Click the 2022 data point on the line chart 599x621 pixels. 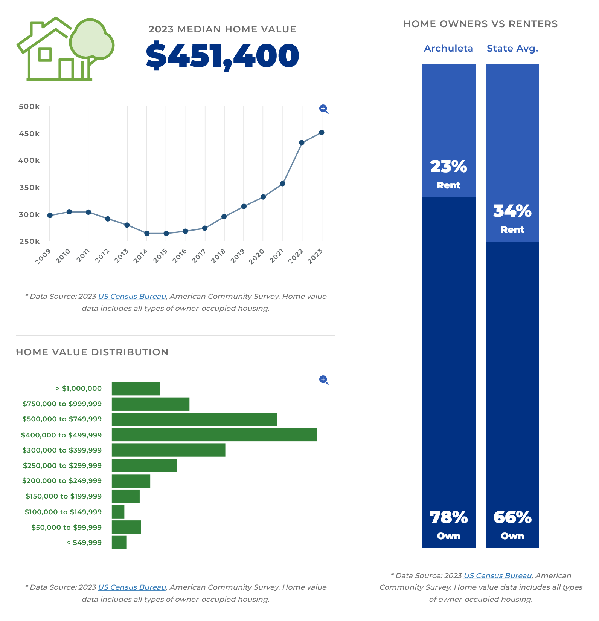tap(302, 143)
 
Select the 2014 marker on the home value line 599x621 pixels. tap(147, 234)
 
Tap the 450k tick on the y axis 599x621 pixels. tap(29, 134)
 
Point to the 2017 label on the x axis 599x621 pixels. tap(198, 256)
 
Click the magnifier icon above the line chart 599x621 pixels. tap(324, 109)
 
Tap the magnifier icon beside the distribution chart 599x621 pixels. tap(324, 380)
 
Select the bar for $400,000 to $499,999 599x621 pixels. tap(214, 434)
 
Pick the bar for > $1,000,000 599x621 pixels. tap(136, 389)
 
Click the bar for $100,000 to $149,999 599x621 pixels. tap(118, 512)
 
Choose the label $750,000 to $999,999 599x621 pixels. tap(62, 404)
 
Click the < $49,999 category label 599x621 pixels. tap(84, 543)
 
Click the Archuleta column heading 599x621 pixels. tap(448, 49)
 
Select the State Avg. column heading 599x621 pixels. tap(512, 49)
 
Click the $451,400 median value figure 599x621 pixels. tap(223, 56)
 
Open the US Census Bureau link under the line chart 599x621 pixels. tap(132, 297)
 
